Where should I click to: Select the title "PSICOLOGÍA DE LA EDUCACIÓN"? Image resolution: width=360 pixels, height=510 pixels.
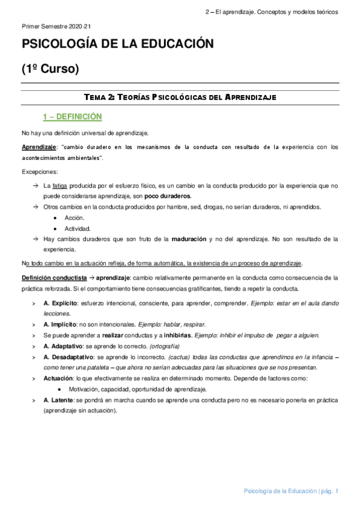coord(118,45)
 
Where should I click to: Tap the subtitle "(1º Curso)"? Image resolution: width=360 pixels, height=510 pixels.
coord(50,69)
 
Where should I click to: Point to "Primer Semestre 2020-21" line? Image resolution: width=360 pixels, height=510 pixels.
coord(56,27)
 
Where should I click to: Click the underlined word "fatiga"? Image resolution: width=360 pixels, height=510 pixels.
coord(61,186)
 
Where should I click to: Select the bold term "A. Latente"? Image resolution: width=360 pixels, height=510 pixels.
coord(60,400)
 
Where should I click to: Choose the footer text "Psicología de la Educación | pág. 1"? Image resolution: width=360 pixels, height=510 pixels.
coord(291,491)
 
